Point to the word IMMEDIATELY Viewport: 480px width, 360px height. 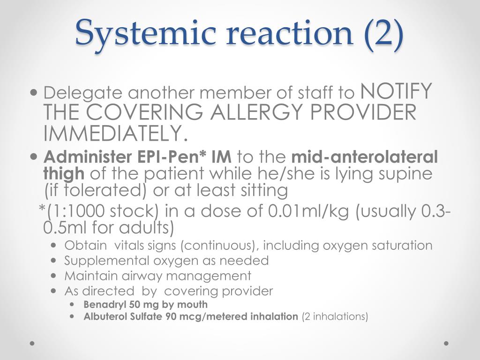[115, 133]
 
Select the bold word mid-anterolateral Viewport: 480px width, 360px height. [365, 157]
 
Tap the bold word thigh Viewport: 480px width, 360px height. [64, 173]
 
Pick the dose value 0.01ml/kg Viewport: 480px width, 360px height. [308, 211]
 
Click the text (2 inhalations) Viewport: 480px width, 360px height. [335, 316]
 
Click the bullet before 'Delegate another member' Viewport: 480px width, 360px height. [34, 92]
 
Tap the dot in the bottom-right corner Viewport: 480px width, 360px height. [446, 343]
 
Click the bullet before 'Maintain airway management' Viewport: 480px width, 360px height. [54, 276]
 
